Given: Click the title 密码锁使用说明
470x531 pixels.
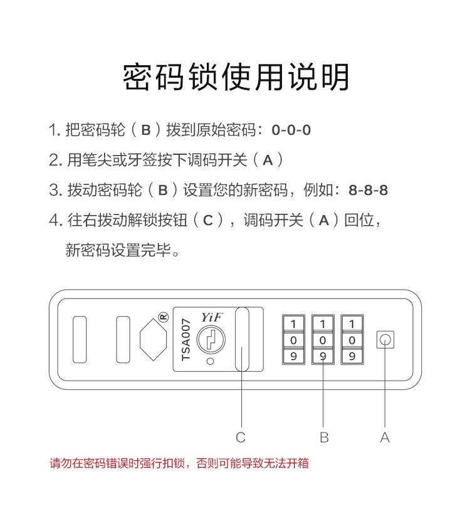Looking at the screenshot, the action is point(236,77).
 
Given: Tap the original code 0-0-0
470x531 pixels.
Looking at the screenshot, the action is point(291,130).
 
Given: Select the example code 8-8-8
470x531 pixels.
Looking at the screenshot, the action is point(368,190).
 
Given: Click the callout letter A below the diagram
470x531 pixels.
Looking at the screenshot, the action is point(385,437).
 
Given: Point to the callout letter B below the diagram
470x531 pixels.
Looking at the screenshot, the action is point(324,437).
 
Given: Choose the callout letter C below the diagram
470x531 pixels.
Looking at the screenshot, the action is point(241,437).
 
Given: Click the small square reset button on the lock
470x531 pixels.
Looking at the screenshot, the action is point(385,339).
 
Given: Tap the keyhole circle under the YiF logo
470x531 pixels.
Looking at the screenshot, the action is point(211,339).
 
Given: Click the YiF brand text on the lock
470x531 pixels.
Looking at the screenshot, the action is point(212,317).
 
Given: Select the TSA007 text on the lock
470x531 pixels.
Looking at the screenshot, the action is point(186,340).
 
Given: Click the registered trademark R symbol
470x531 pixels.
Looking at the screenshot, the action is point(164,317).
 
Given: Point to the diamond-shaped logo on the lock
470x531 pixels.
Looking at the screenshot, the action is point(153,339).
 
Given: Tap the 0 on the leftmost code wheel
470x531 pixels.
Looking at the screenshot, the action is point(293,340).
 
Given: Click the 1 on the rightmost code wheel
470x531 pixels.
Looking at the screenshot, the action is point(352,324).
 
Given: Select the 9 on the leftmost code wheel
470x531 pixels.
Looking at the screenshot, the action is point(293,356).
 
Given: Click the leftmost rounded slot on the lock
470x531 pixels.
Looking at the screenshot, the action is point(80,339).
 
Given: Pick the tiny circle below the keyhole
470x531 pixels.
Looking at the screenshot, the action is point(211,361).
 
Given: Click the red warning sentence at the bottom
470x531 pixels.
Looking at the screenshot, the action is point(179,463).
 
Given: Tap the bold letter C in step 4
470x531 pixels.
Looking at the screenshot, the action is point(208,221).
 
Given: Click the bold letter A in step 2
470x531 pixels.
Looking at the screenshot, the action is point(268,160).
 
